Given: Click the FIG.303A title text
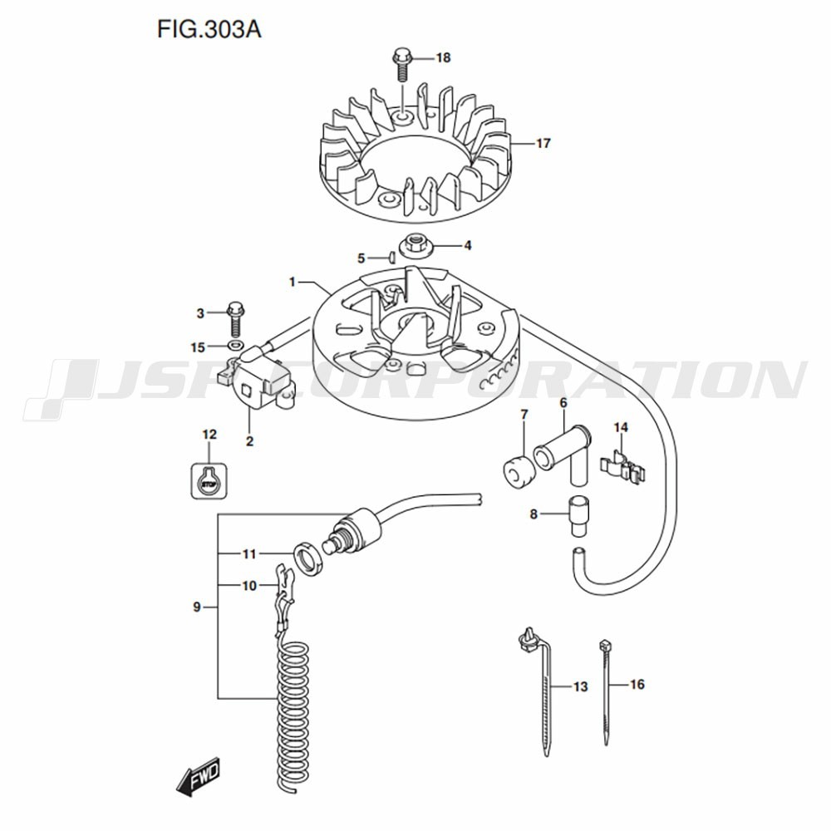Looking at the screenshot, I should [x=209, y=29].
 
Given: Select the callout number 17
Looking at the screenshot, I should [x=543, y=144].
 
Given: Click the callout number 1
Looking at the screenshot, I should [x=293, y=283].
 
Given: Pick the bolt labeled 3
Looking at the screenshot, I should [x=235, y=315].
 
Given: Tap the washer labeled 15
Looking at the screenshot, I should [x=235, y=345].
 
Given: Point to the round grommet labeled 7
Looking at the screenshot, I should [x=519, y=470].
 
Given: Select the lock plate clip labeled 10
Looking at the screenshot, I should [x=286, y=586].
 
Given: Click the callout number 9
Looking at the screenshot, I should [x=197, y=607].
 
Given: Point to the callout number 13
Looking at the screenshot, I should [x=580, y=686].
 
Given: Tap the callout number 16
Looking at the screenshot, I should [x=637, y=686].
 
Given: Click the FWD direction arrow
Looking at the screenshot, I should [x=198, y=779].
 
